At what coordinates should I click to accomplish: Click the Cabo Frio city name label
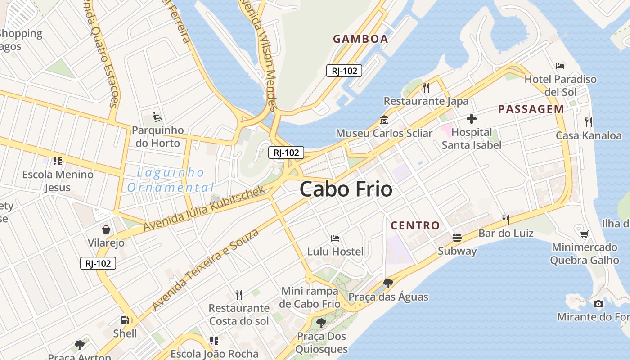(346, 189)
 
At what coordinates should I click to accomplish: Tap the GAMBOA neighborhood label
(360, 39)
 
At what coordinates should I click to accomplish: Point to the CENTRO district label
(415, 225)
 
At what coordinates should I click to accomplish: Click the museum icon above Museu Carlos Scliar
(384, 120)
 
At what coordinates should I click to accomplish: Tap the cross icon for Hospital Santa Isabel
(472, 119)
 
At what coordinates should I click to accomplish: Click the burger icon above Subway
(457, 237)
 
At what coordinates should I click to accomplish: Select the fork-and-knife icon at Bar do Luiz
(506, 220)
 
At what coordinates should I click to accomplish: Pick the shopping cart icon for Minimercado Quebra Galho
(584, 234)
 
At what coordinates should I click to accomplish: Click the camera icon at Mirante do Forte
(598, 304)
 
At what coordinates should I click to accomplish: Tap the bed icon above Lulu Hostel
(335, 238)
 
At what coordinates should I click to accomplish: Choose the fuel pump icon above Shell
(125, 320)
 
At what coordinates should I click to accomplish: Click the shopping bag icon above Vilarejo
(106, 229)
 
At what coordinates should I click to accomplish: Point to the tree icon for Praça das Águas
(388, 283)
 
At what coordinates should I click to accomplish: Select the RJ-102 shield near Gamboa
(344, 71)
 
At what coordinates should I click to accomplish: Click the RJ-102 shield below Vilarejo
(98, 263)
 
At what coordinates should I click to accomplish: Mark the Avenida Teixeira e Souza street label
(206, 270)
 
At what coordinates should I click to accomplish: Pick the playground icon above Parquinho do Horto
(157, 117)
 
